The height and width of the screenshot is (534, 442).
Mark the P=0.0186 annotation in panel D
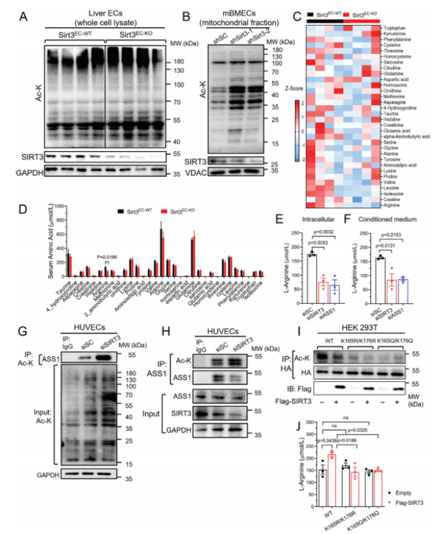click(x=110, y=257)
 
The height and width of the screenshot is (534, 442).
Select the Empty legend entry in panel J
click(x=409, y=491)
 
